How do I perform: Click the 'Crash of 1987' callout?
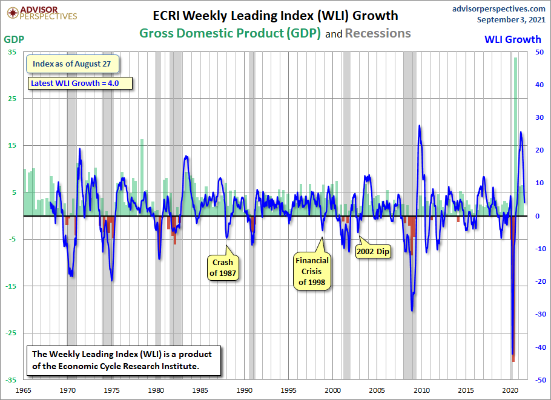[223, 267]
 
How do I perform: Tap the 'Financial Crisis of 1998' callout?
[312, 271]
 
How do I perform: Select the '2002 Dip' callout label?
[373, 251]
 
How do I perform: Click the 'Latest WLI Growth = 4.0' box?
[80, 83]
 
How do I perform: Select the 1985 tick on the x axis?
[200, 391]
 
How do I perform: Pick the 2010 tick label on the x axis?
[421, 391]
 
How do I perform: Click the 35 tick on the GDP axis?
[12, 52]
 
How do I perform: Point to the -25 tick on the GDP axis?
[11, 333]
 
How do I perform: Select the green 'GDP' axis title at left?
[15, 39]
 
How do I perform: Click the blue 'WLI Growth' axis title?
[512, 39]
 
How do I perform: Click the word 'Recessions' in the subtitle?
[378, 33]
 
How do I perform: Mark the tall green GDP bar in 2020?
[516, 133]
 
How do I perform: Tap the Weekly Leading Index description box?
[126, 360]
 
